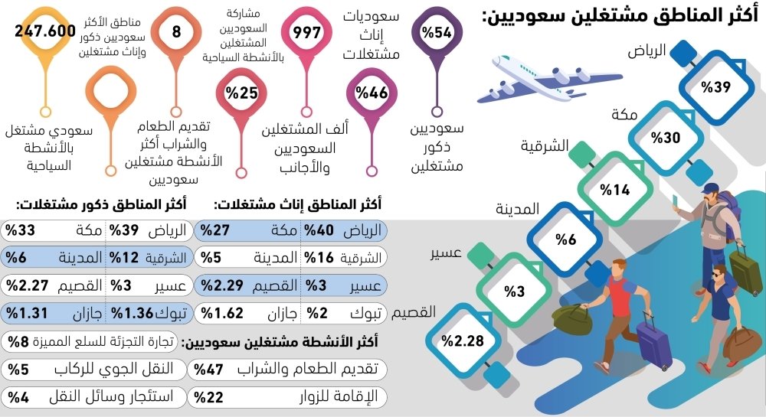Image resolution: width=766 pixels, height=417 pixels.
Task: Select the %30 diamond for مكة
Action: tap(666, 138)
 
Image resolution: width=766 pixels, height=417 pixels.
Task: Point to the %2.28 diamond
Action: tap(466, 341)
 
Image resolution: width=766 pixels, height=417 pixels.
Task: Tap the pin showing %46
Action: tap(372, 93)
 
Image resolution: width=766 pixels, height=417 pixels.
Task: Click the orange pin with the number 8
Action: tap(175, 31)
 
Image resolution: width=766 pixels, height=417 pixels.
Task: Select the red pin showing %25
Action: tap(241, 93)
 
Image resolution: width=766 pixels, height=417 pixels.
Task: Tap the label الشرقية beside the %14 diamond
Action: tap(545, 145)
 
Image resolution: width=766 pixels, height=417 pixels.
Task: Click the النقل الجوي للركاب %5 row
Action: tap(92, 369)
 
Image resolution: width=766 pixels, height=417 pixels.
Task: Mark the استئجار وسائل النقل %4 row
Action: tap(92, 396)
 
